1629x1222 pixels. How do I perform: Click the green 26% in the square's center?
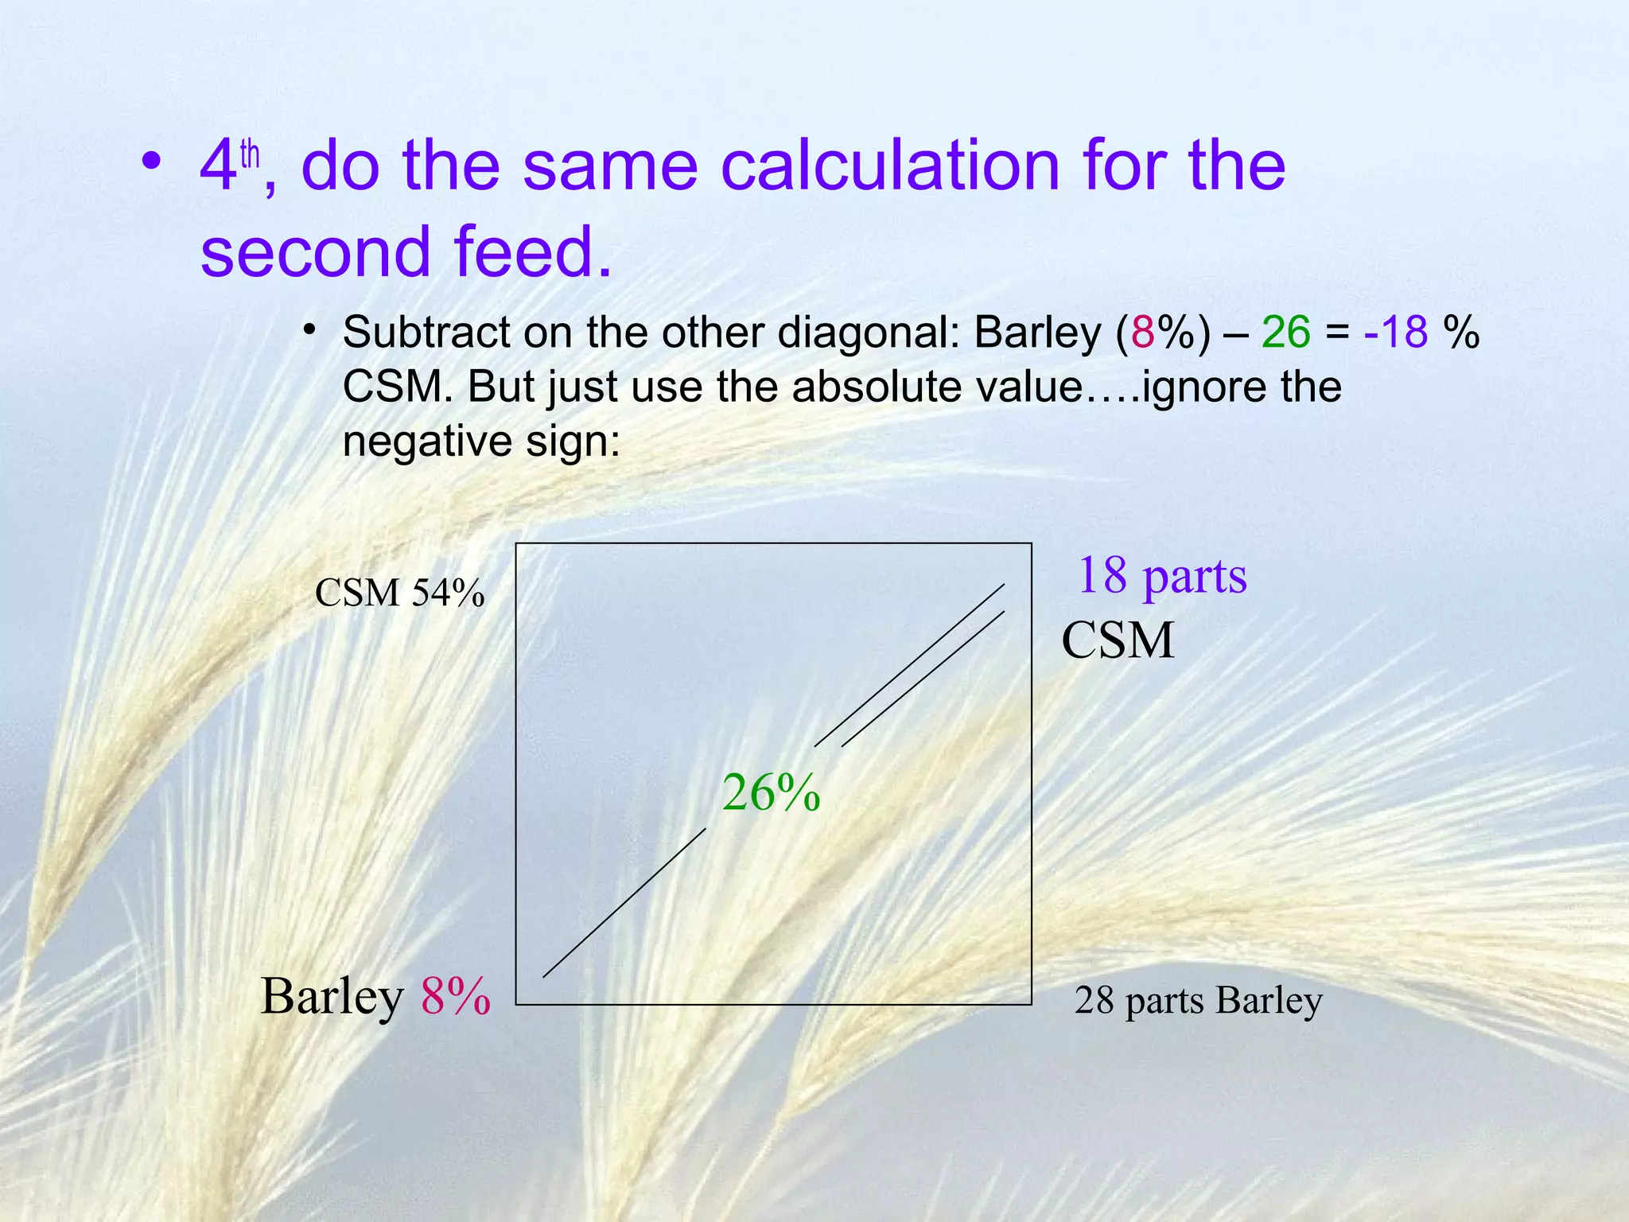(x=771, y=793)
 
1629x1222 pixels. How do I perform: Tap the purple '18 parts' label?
(x=1161, y=576)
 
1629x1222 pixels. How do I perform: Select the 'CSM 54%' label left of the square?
(x=399, y=593)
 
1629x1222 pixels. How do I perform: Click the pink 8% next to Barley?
(x=456, y=996)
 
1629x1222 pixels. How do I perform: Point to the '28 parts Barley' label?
(x=1198, y=1001)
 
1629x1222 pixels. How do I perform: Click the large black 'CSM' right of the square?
(x=1118, y=640)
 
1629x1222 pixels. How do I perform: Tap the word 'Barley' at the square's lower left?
(x=332, y=996)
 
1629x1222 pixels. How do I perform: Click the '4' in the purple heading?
(x=218, y=167)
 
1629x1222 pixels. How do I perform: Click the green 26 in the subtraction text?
(x=1285, y=332)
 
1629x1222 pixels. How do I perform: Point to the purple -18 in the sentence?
(x=1395, y=332)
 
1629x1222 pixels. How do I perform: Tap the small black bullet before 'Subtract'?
(x=310, y=329)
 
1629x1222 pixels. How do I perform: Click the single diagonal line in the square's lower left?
(x=624, y=903)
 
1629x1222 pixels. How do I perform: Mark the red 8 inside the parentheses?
(x=1143, y=332)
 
